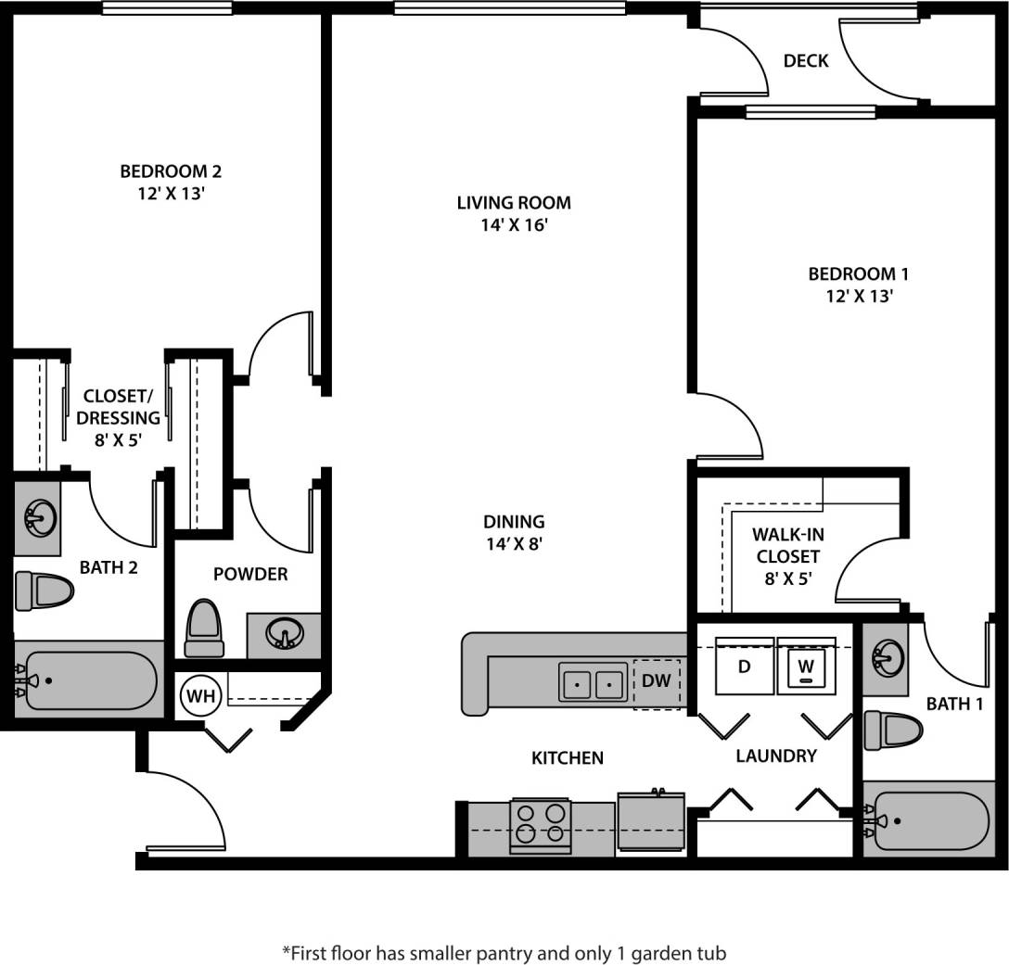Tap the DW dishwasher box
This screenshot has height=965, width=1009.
click(x=657, y=682)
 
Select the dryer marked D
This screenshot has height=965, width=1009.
click(x=744, y=667)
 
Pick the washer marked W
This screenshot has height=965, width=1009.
click(x=807, y=667)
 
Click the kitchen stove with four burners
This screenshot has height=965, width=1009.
click(x=540, y=823)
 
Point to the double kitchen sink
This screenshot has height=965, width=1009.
click(x=592, y=684)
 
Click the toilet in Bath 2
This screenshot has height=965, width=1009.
click(x=45, y=590)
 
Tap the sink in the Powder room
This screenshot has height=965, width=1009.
click(x=285, y=635)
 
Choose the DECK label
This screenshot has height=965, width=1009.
click(x=806, y=62)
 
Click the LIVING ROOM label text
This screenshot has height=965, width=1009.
click(x=514, y=203)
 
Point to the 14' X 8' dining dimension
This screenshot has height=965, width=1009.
click(x=514, y=545)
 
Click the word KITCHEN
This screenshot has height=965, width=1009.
click(x=568, y=758)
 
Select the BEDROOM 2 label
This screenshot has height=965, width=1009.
click(x=171, y=171)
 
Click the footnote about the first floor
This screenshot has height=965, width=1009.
click(x=504, y=952)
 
